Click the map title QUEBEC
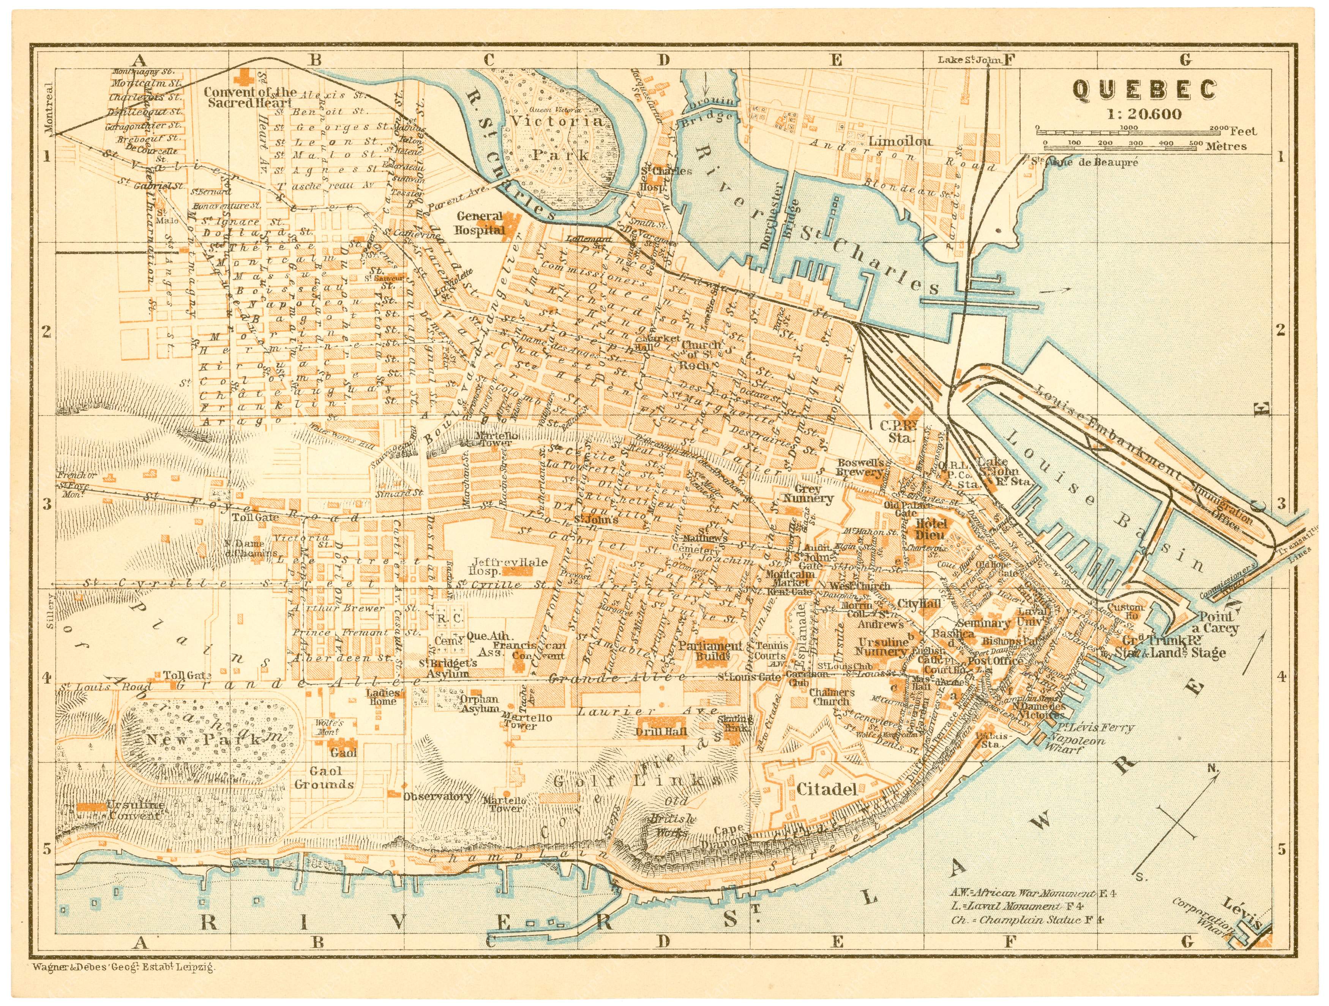pyautogui.click(x=1144, y=90)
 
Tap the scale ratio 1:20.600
pyautogui.click(x=1144, y=114)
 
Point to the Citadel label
pyautogui.click(x=826, y=790)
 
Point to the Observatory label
pyautogui.click(x=437, y=797)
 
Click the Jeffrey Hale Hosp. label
pyautogui.click(x=510, y=567)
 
